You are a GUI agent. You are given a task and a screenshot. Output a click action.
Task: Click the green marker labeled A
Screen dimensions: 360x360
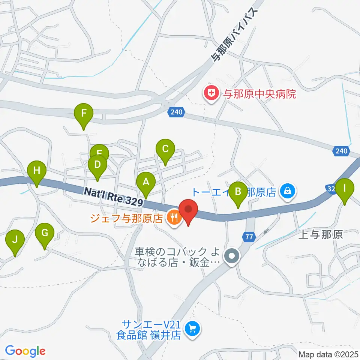(146, 182)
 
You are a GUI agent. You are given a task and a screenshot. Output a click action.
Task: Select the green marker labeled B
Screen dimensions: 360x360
(238, 192)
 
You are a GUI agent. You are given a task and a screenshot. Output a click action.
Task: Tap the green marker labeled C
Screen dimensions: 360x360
(165, 149)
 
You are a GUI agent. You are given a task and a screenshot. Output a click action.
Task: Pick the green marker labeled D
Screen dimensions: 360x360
(97, 165)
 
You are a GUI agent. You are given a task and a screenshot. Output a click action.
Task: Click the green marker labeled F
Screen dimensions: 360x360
(84, 113)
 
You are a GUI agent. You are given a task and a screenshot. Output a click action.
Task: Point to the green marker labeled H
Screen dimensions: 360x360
(37, 171)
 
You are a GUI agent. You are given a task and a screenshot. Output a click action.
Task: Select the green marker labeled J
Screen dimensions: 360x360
(15, 240)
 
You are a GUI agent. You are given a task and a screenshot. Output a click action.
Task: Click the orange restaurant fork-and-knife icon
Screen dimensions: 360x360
(173, 217)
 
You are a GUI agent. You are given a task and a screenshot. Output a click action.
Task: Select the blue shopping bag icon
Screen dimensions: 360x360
(287, 192)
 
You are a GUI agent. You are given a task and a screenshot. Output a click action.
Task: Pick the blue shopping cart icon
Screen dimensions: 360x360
(192, 329)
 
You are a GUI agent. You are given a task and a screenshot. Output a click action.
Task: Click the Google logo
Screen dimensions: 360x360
(25, 351)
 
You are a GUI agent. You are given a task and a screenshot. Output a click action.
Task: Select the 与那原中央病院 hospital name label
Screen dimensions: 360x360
(260, 93)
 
